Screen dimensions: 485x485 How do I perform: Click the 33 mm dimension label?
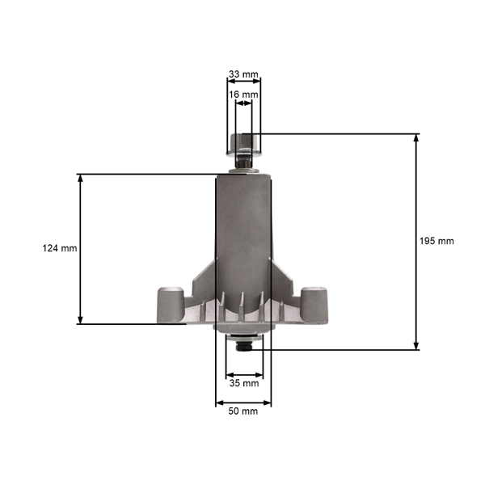[243, 74]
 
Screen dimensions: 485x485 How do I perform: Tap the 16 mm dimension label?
[243, 95]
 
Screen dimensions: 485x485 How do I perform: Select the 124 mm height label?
[59, 248]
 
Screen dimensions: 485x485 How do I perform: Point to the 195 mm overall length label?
[437, 242]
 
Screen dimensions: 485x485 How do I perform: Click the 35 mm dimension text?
[243, 383]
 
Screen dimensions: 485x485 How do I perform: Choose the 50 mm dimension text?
[243, 411]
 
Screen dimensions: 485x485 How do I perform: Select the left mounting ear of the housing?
[167, 302]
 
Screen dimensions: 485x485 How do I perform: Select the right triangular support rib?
[283, 279]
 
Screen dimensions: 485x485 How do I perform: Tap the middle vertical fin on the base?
[243, 306]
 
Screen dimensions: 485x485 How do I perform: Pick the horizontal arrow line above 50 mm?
[243, 402]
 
